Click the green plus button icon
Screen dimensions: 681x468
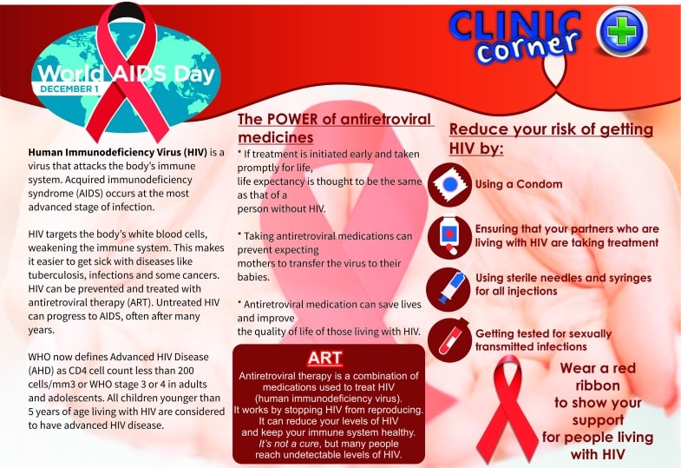[621, 31]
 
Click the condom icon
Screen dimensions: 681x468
[449, 185]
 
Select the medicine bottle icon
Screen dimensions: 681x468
[449, 237]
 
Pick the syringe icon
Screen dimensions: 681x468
[449, 289]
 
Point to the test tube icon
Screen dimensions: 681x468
[449, 339]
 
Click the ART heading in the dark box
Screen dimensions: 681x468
[324, 358]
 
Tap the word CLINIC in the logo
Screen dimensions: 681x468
[514, 26]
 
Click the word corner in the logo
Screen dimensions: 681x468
[527, 47]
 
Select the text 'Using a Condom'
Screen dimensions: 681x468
[519, 184]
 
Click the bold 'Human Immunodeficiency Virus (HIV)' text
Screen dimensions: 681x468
[118, 153]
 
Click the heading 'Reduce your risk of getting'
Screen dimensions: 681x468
[551, 129]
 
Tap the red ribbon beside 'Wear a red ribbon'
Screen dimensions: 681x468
[507, 408]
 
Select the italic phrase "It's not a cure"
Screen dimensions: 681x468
[288, 444]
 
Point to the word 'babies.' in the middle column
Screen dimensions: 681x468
[253, 277]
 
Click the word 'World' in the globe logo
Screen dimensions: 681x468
[70, 74]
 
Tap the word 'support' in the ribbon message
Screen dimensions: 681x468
[598, 420]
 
